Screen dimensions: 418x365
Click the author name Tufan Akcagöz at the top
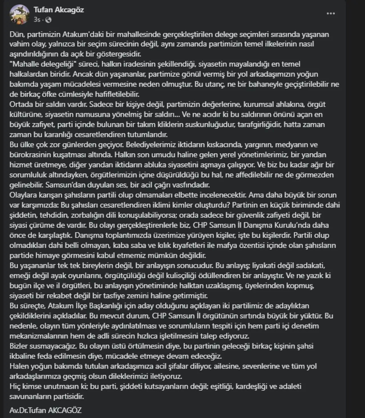59,10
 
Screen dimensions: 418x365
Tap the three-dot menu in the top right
330,13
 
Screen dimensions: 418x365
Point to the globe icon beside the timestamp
48,20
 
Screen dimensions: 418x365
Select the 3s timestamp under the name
37,20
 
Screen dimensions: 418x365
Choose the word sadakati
305,266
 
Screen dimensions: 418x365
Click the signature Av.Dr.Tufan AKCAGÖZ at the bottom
46,410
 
